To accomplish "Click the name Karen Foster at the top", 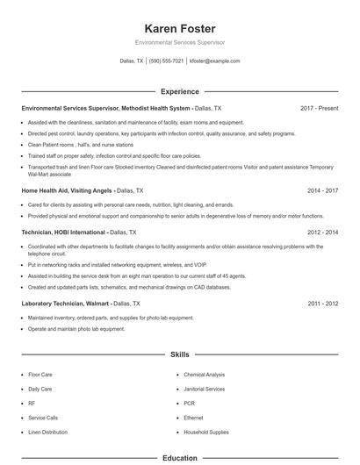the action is coord(179,28).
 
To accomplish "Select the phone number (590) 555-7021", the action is coord(166,61).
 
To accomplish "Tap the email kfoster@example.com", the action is coord(214,61).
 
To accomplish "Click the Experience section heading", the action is coord(179,91).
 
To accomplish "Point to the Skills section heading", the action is coord(179,354).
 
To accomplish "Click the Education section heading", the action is coord(179,457).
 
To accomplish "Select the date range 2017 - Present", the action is coord(319,108).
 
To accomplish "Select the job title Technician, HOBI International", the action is coord(62,232).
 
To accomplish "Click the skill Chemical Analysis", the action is coord(205,375).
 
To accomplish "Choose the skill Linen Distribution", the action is coord(48,432).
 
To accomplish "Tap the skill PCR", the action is coord(189,404).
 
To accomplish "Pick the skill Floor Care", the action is coord(40,375).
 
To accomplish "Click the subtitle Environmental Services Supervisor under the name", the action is coord(179,42).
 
